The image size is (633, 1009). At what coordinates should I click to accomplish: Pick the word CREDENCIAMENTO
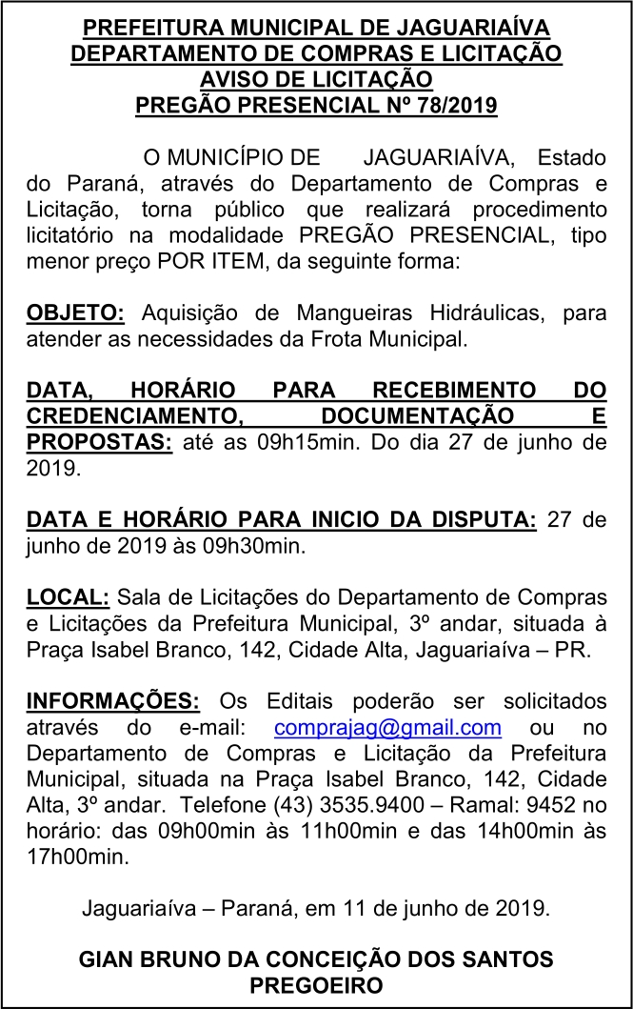[132, 416]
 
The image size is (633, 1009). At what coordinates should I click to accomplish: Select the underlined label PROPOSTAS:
[99, 443]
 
